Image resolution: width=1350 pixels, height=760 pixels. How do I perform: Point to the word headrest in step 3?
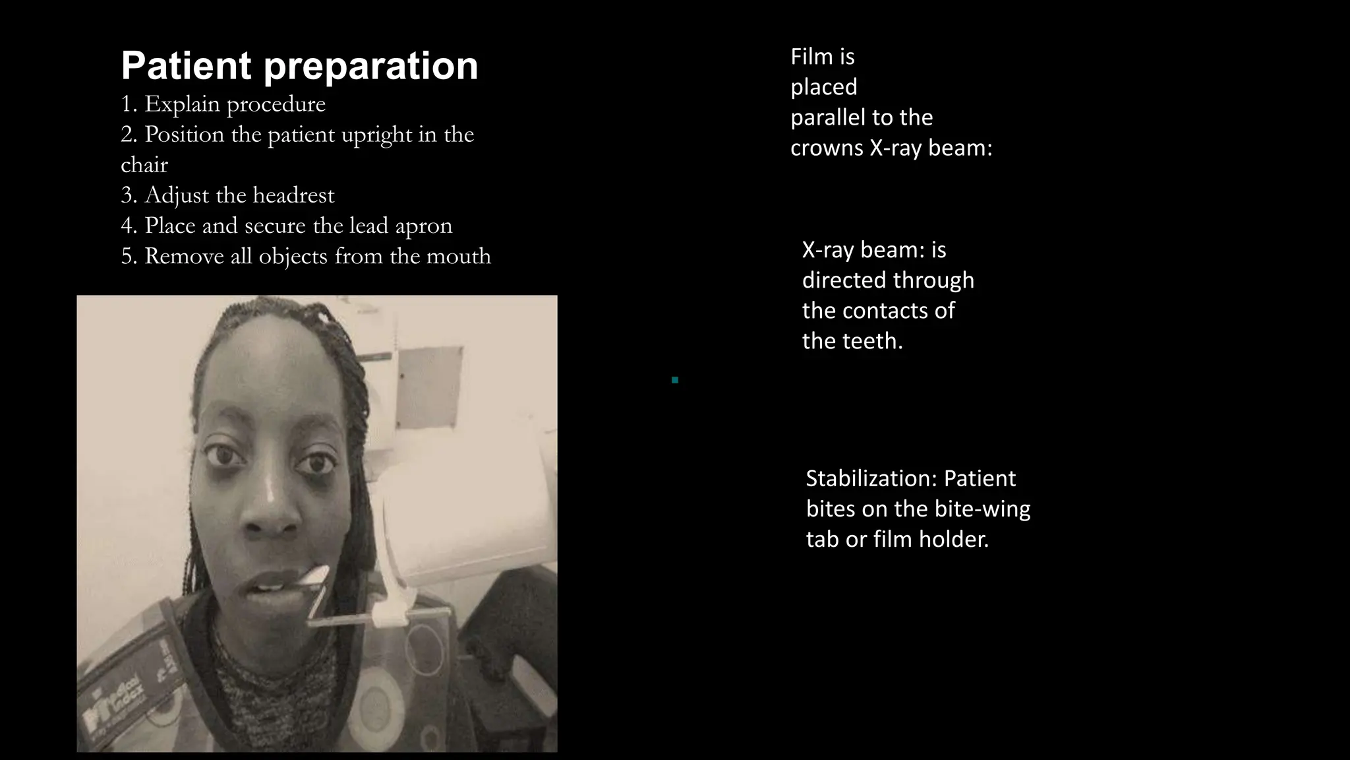point(293,195)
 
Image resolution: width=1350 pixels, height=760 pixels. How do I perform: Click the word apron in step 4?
point(424,226)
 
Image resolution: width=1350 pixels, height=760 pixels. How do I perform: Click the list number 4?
point(127,226)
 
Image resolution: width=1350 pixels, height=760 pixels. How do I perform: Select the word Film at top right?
point(812,57)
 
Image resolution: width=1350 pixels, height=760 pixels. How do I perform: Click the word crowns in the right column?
point(827,148)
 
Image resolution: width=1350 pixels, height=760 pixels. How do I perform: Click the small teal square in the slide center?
point(675,380)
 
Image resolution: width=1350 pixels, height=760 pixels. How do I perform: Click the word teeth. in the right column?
point(871,341)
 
